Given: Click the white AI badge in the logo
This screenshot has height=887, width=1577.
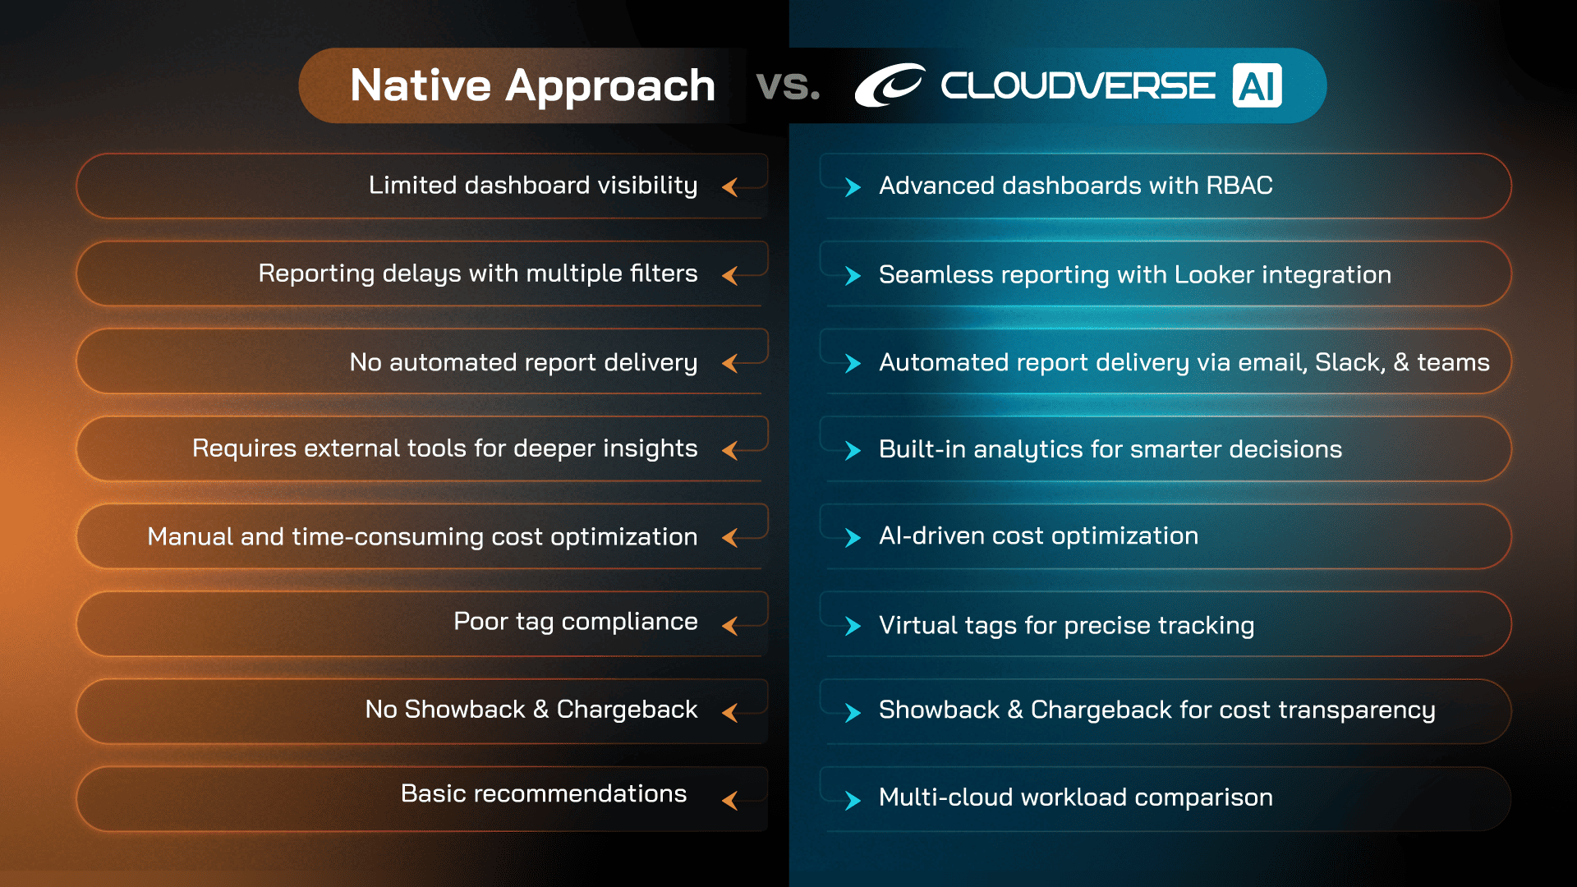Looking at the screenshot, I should pyautogui.click(x=1257, y=86).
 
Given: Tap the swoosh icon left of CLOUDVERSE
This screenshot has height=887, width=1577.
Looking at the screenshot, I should pyautogui.click(x=889, y=85).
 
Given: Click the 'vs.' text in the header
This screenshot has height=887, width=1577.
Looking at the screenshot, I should pyautogui.click(x=788, y=85).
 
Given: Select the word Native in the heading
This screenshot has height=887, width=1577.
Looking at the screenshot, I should pyautogui.click(x=420, y=85).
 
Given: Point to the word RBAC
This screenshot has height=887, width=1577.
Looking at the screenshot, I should pyautogui.click(x=1239, y=186).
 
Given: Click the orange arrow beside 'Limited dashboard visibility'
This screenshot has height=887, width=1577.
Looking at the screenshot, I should pyautogui.click(x=729, y=187).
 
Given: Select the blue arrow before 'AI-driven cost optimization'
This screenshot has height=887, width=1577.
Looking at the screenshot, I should pyautogui.click(x=853, y=538).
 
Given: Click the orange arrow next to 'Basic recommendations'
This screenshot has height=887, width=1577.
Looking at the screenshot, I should pyautogui.click(x=729, y=800).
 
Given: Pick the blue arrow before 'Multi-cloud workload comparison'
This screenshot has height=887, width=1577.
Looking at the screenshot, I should pyautogui.click(x=853, y=800).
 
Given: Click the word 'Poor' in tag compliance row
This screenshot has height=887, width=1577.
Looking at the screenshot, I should pyautogui.click(x=480, y=622).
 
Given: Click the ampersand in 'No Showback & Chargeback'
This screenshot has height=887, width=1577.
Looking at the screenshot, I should pyautogui.click(x=540, y=710).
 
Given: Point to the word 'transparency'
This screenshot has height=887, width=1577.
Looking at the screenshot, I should pyautogui.click(x=1356, y=710).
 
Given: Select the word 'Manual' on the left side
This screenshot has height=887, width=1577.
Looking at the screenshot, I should pyautogui.click(x=190, y=537).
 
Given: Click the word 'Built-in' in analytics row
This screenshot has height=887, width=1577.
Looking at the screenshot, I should pyautogui.click(x=922, y=450).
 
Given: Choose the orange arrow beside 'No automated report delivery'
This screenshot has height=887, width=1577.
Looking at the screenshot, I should pyautogui.click(x=729, y=363).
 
